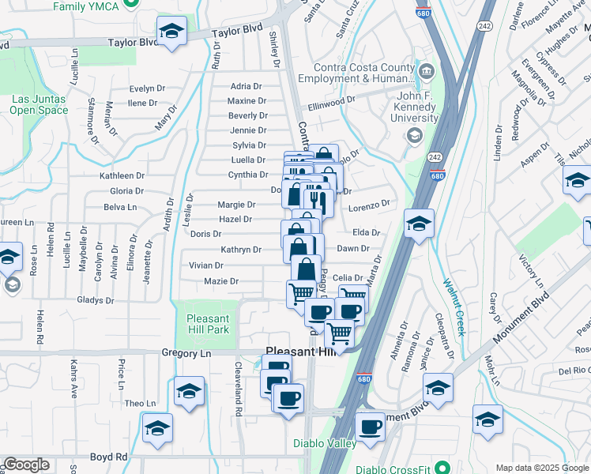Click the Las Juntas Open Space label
[x=39, y=104]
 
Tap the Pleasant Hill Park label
[x=207, y=323]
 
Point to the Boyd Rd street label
[x=109, y=457]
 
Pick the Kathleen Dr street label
[x=122, y=175]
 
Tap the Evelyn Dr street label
[x=146, y=88]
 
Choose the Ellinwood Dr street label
[x=332, y=103]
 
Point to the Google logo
[x=26, y=465]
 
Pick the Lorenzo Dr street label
[x=370, y=205]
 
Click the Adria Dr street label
[x=246, y=86]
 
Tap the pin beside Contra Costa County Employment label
[x=427, y=73]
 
